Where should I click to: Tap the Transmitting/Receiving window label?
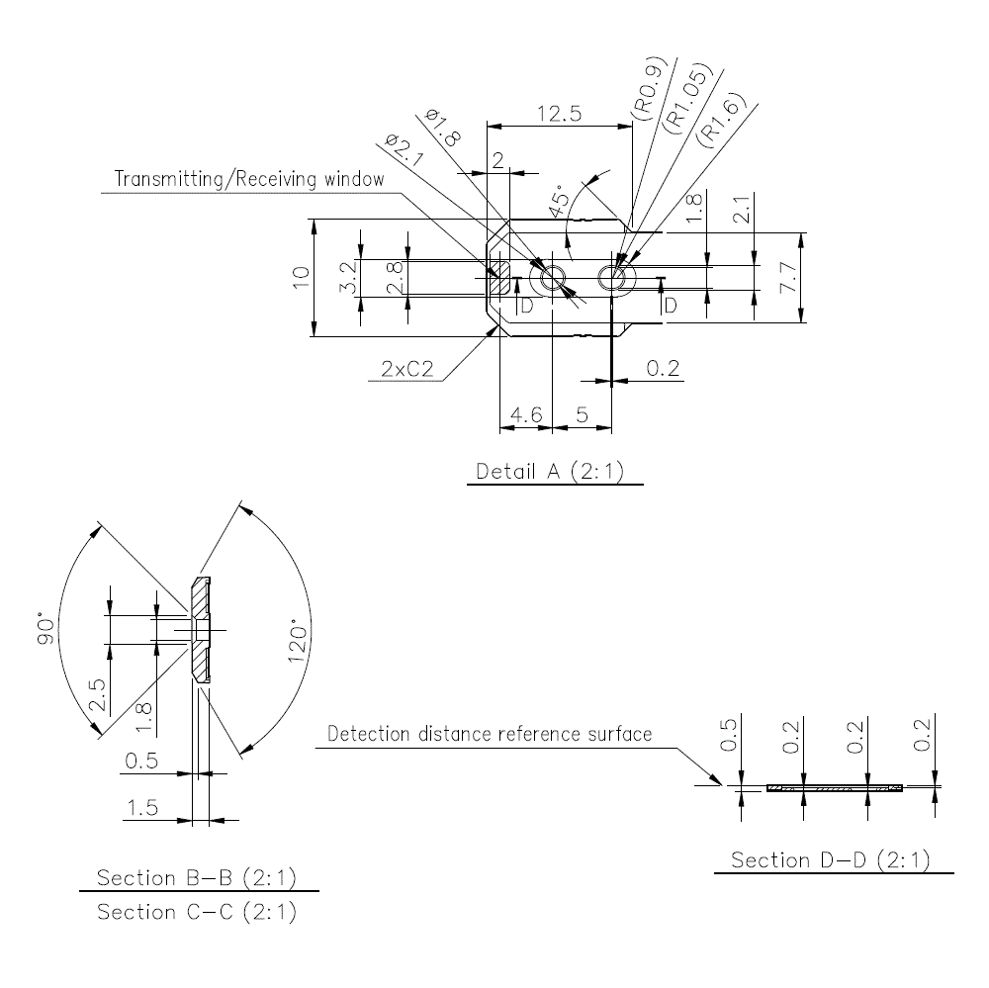248,179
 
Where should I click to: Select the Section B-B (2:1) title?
196,877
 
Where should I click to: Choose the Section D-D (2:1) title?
830,859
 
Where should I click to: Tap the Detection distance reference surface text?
490,734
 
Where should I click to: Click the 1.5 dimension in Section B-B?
142,808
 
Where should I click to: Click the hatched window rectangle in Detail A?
499,277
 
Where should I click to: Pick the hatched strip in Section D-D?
835,788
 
